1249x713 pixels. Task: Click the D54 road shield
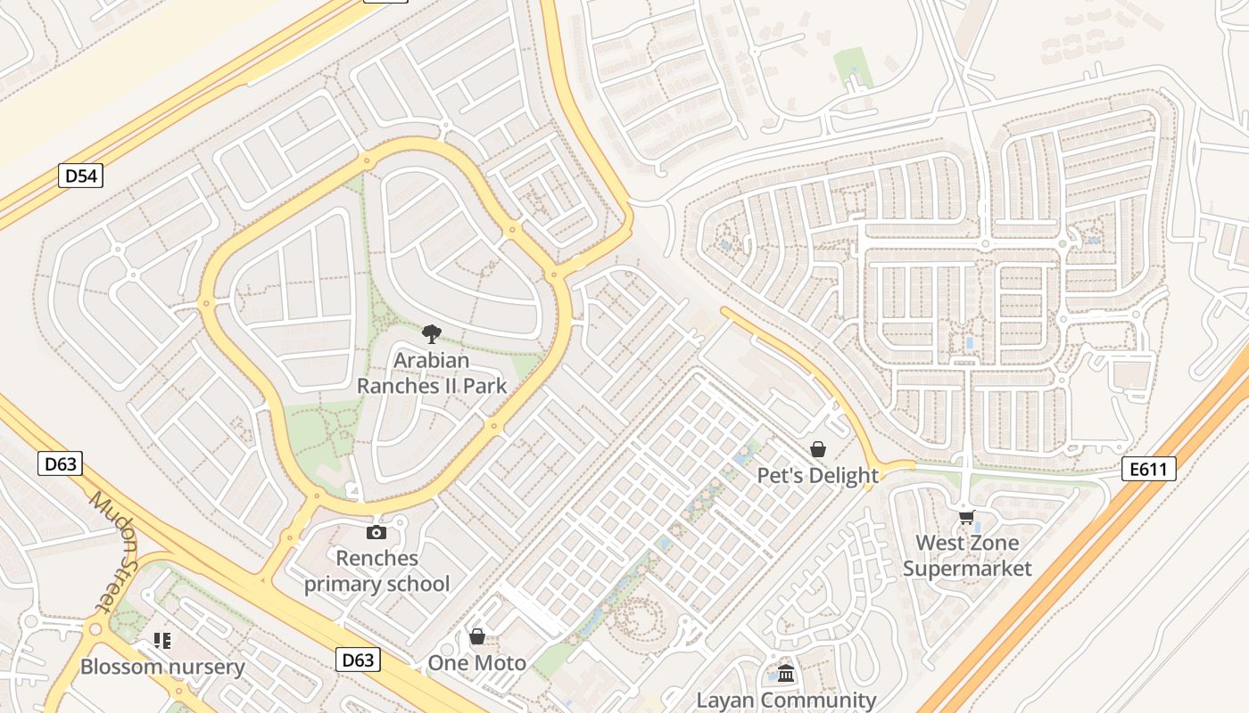[x=81, y=176]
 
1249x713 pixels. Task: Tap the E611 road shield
[x=1148, y=469]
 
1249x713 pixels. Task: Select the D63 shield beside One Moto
[x=359, y=660]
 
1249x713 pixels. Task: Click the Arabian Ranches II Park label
[x=432, y=373]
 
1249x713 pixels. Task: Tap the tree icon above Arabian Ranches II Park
[x=432, y=334]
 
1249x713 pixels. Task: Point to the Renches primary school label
[x=376, y=571]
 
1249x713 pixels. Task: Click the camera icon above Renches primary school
[x=376, y=532]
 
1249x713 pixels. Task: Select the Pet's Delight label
[x=818, y=475]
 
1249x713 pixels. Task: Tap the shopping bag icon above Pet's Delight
[x=817, y=449]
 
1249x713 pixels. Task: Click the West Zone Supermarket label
[x=967, y=555]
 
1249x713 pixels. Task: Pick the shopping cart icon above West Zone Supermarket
[x=966, y=517]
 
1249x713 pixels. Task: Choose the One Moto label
[x=476, y=663]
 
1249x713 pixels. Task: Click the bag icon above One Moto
[x=477, y=636]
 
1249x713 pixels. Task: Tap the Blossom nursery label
[x=162, y=667]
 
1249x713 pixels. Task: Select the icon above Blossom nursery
[x=161, y=640]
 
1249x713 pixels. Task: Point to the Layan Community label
[x=786, y=701]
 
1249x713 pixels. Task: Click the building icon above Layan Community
[x=786, y=674]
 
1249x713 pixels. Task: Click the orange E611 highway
[x=1071, y=553]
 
